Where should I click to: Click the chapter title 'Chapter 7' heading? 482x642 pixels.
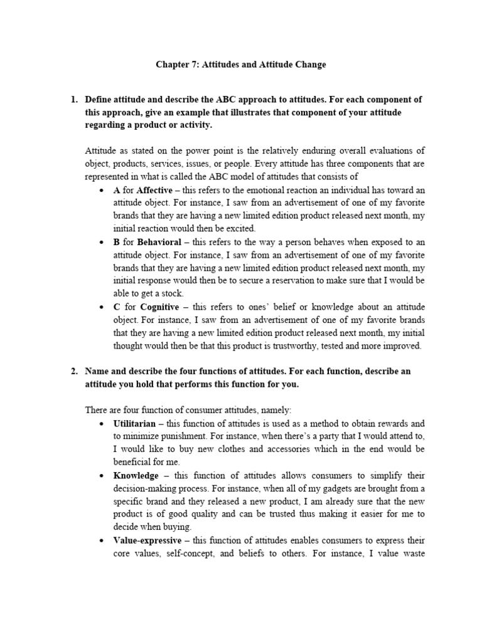241,65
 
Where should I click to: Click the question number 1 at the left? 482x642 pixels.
73,100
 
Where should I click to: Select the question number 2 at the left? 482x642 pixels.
73,371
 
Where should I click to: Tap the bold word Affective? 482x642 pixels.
154,191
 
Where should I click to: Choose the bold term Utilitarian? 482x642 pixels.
134,424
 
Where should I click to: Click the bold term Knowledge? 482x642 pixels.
136,476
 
